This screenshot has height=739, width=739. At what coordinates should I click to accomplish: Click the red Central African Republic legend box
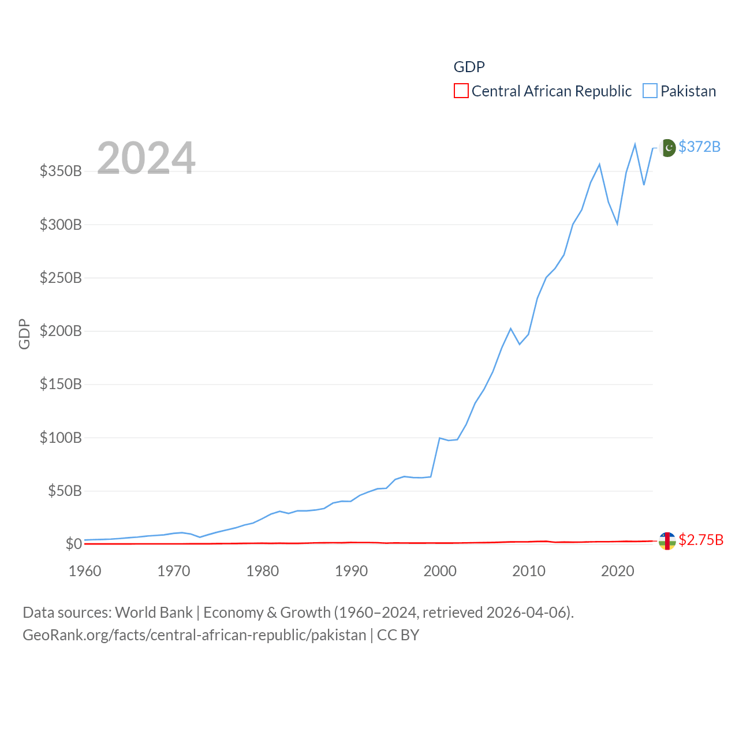point(461,91)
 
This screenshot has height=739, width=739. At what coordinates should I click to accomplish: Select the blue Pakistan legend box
point(650,91)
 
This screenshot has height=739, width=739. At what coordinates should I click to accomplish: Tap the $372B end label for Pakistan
point(699,147)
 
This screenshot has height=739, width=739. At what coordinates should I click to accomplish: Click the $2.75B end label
point(701,540)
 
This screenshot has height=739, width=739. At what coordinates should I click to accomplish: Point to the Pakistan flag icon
point(667,148)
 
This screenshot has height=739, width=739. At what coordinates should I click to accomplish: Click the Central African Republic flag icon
point(667,541)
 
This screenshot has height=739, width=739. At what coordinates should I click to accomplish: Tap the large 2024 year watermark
point(146,158)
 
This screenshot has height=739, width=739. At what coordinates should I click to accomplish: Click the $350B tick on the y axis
point(61,171)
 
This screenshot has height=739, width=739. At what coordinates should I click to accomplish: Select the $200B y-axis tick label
point(61,331)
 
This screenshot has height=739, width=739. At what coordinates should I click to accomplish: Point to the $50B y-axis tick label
point(65,491)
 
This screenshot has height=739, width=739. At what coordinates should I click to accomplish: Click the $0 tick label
point(73,544)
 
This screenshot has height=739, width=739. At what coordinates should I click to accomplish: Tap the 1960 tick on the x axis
point(85,571)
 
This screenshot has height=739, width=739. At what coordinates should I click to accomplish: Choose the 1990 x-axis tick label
point(351,571)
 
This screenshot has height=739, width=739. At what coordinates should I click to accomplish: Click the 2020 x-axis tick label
point(618,571)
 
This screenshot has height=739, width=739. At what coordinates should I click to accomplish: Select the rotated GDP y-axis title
point(24,334)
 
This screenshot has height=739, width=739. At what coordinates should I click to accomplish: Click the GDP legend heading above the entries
point(469,67)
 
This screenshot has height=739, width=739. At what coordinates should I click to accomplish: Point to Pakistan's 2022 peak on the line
point(635,144)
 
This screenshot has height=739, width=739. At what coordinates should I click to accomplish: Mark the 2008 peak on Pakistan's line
point(510,329)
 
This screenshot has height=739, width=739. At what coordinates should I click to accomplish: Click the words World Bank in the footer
point(154,612)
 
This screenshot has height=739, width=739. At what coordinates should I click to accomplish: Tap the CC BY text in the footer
point(398,635)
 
